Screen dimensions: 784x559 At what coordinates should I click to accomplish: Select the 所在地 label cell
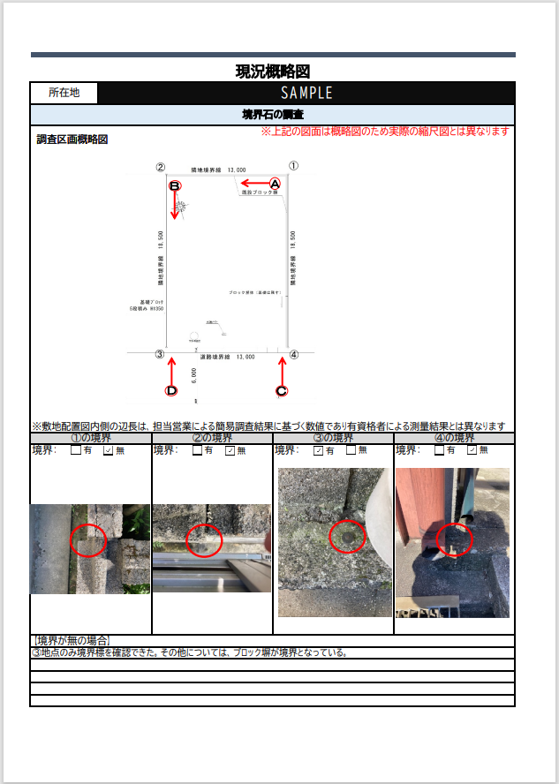click(64, 93)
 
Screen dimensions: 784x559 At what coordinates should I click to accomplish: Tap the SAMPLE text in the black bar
click(306, 93)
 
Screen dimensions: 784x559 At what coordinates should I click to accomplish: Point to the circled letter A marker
click(275, 184)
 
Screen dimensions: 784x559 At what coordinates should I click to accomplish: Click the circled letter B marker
click(175, 186)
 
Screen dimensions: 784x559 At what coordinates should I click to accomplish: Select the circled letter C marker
click(282, 390)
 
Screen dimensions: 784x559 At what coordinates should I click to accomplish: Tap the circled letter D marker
click(171, 390)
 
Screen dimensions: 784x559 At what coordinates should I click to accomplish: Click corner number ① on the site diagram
click(294, 165)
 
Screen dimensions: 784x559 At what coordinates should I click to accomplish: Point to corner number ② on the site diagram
click(160, 166)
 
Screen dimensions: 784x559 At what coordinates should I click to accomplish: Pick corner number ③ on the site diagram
click(160, 355)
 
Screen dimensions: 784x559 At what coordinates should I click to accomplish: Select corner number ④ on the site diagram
click(294, 355)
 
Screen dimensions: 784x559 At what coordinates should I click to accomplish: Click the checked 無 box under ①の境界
click(109, 450)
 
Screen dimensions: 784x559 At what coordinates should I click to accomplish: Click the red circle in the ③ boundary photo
click(347, 537)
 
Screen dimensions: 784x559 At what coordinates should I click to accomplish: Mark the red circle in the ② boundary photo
click(206, 539)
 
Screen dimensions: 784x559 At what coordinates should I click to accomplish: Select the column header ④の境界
click(454, 438)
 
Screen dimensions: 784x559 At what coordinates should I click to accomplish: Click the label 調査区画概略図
click(72, 139)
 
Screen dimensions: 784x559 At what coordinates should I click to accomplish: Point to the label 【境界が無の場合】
click(71, 641)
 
